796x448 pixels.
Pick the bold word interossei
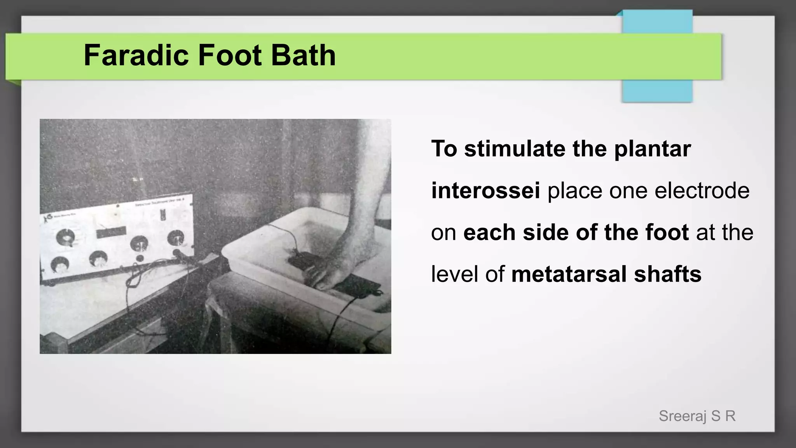tap(485, 191)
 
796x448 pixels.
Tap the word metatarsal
tap(569, 274)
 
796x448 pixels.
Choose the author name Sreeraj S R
tap(697, 416)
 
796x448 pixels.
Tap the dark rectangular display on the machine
tap(111, 233)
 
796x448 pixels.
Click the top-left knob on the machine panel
tap(65, 237)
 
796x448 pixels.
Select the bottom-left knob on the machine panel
tap(60, 265)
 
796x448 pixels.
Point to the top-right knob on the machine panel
tap(176, 237)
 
